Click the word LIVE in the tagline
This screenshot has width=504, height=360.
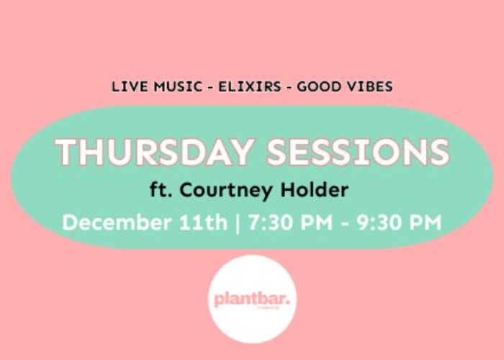tap(127, 87)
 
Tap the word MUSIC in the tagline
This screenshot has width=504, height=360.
tap(171, 87)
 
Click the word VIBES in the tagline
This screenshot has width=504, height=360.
tap(369, 87)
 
